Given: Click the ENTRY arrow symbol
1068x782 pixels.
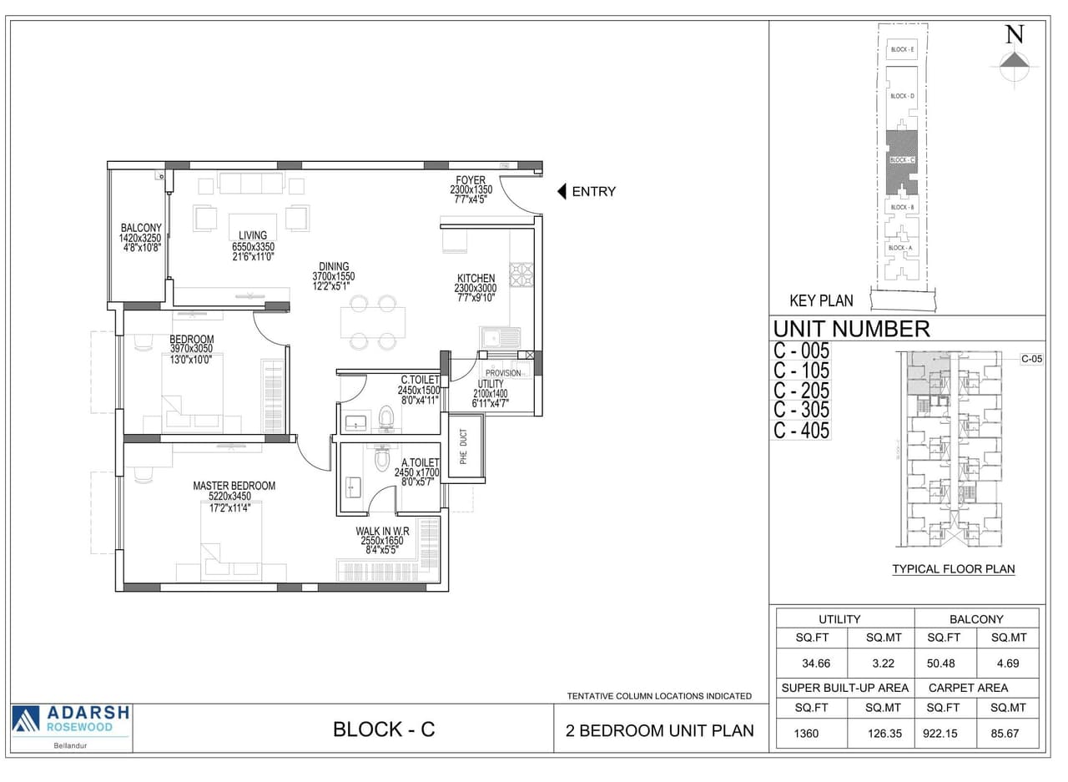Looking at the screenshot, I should tap(562, 191).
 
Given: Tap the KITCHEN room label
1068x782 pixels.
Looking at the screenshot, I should tap(476, 278).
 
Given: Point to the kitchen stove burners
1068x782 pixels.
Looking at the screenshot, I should tap(521, 275).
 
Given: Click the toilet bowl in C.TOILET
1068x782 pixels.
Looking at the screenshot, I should tap(385, 417).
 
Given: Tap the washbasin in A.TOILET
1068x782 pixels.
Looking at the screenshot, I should tap(352, 486).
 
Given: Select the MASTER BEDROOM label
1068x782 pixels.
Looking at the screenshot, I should tap(234, 486).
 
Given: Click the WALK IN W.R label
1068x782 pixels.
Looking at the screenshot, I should tap(382, 531).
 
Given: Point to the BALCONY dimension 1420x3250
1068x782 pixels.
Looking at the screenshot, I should tap(140, 238).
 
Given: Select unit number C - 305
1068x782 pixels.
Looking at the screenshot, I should tap(801, 410).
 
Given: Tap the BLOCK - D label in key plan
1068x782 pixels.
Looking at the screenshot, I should tap(902, 96).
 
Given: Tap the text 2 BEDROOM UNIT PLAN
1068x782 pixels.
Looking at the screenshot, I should tap(660, 730).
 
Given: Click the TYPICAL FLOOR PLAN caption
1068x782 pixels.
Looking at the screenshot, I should tap(953, 569).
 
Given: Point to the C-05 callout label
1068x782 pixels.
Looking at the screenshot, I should tap(1032, 359).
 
